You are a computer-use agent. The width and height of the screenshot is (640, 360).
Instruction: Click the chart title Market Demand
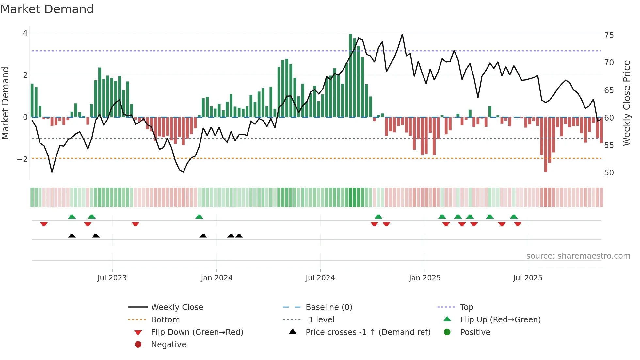[x=47, y=9]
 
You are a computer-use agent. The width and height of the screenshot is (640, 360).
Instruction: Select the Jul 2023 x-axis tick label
[x=112, y=278]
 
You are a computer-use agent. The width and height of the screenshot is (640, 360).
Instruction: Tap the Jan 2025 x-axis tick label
[x=424, y=278]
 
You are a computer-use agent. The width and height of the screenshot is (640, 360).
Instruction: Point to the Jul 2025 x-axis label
[x=527, y=278]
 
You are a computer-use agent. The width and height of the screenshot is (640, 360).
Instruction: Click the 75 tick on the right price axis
[x=609, y=35]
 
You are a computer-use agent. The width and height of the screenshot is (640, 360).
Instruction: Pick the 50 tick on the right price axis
[x=609, y=173]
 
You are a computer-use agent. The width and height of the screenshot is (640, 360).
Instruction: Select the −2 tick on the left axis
[x=23, y=159]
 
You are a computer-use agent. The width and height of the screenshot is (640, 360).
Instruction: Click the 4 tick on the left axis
[x=25, y=33]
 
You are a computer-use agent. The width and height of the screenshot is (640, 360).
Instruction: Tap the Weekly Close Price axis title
[x=626, y=103]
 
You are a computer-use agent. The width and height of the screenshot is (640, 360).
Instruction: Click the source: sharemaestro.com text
[x=578, y=256]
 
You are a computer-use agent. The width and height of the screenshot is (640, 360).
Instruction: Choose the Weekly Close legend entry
[x=177, y=307]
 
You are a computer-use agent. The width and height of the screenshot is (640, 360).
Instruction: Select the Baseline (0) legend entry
[x=328, y=307]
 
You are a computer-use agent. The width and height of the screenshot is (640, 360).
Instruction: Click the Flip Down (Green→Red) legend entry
[x=197, y=332]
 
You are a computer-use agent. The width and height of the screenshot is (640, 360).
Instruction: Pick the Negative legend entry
[x=168, y=345]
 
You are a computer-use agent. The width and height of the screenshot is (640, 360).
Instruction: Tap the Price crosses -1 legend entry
[x=368, y=332]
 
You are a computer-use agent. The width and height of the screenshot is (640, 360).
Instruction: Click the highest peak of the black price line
[x=402, y=34]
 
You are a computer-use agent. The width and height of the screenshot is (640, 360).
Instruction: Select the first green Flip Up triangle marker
[x=72, y=217]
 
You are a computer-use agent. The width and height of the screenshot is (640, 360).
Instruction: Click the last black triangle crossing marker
[x=239, y=236]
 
